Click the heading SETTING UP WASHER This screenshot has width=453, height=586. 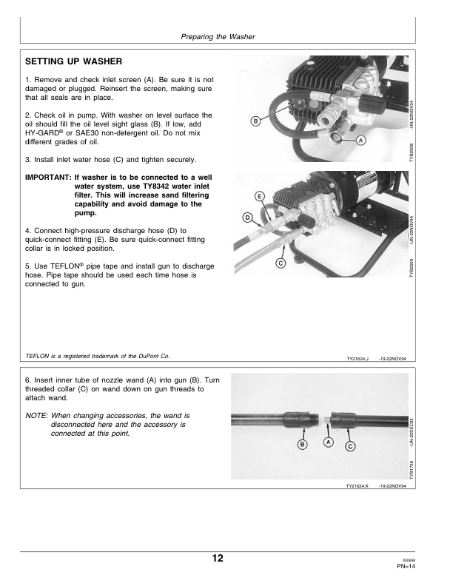[x=73, y=61]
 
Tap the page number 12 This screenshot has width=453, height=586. [x=218, y=558]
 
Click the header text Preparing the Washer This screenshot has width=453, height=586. [x=218, y=37]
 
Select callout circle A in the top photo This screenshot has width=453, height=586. [x=360, y=141]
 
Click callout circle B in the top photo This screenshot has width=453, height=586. [x=255, y=121]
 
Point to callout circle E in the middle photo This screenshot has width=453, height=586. [x=259, y=197]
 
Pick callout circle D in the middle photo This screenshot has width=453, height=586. [x=247, y=218]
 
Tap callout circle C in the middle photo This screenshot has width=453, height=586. [x=281, y=263]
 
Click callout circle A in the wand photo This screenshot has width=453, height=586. [x=328, y=442]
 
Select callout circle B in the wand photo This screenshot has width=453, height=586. [x=302, y=445]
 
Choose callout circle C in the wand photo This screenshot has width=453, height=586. [x=350, y=446]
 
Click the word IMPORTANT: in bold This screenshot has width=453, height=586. [x=48, y=177]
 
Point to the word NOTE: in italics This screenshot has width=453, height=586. [x=36, y=416]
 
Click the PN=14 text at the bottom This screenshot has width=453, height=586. [x=406, y=566]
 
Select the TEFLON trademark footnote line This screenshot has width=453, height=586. [x=98, y=356]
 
